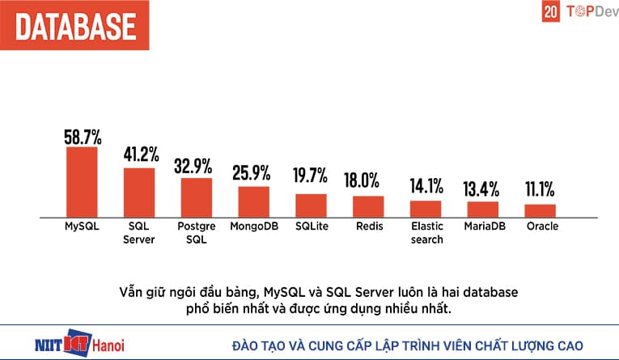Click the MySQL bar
pos(81,182)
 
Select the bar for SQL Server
pos(138,193)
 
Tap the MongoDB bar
pos(253,201)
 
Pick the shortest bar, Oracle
pos(541,210)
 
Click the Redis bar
pos(368,206)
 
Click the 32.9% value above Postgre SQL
pos(196,167)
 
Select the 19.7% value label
pos(311,175)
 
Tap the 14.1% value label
pos(426,186)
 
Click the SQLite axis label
pos(312,227)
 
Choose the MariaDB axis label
pos(483,227)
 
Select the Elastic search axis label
pos(426,233)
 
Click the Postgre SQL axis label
pos(196,233)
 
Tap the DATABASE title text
pos(74,24)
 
